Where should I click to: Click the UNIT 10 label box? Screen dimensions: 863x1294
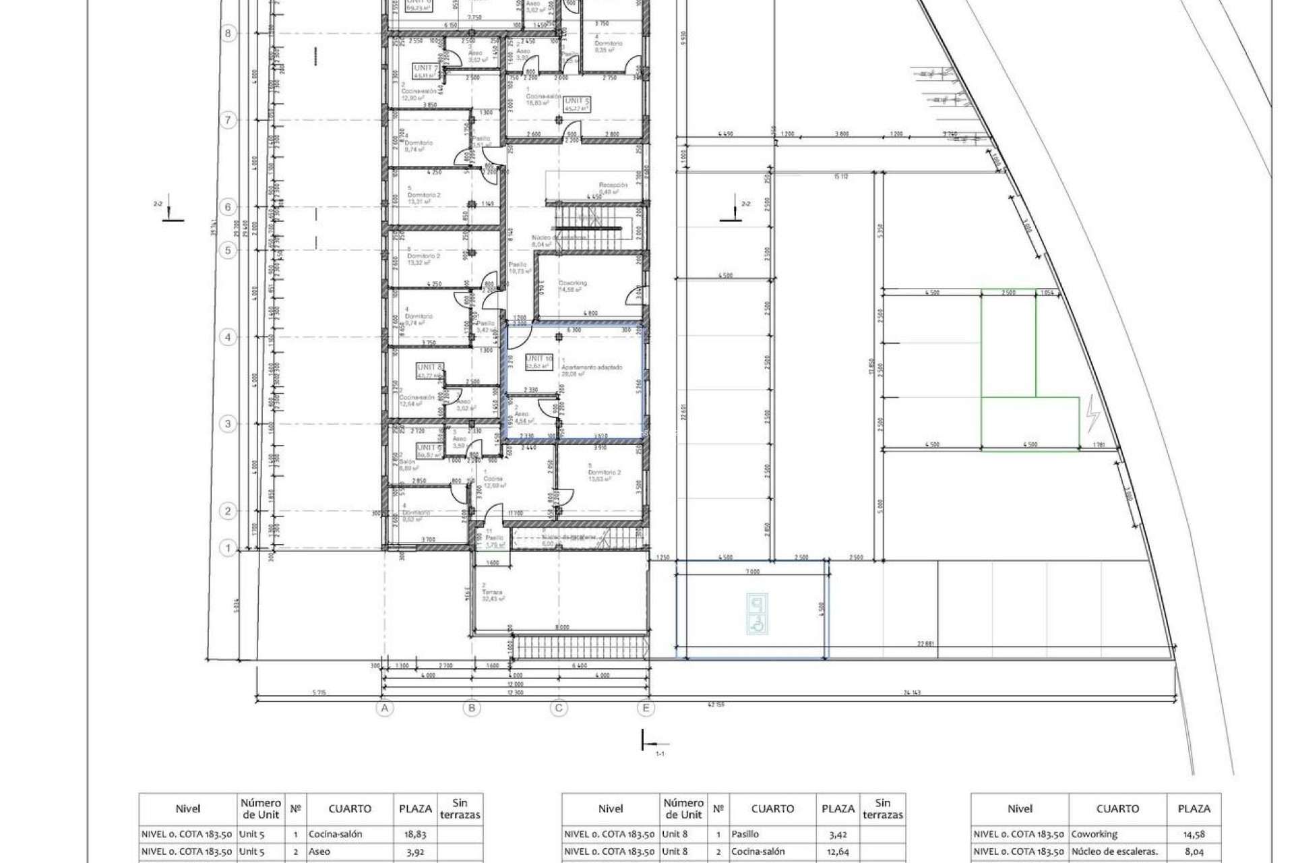538,359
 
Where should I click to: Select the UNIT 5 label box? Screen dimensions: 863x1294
578,101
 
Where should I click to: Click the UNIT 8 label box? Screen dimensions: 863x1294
429,367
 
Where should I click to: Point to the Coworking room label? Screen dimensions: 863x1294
573,283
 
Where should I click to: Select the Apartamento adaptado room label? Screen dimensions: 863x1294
596,367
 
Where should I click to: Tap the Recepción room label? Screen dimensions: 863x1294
613,185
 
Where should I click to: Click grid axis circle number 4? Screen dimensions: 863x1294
228,337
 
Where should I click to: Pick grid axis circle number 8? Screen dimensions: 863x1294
228,33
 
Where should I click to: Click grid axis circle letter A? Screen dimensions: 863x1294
384,708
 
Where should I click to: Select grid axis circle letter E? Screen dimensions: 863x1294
646,708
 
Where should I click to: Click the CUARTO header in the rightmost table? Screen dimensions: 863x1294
1117,808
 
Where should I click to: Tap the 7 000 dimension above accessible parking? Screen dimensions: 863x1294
752,571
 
